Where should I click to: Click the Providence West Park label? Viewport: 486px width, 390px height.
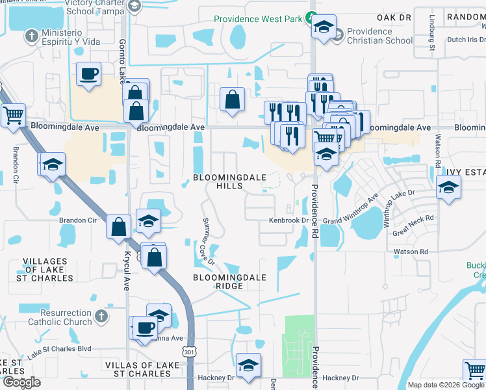[x=260, y=19]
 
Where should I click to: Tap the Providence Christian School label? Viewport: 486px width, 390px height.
[x=379, y=36]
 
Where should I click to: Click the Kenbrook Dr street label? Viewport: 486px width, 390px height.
[x=288, y=221]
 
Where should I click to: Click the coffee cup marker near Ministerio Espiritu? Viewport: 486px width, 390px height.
[x=88, y=73]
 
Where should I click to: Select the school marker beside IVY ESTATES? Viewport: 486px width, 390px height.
[x=447, y=187]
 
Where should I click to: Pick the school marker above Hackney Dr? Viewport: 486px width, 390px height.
[x=248, y=365]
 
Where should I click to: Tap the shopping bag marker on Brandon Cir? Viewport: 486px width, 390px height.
[x=118, y=227]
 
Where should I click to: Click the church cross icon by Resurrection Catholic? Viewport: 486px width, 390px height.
[x=100, y=317]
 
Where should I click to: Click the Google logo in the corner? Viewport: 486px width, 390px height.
[x=22, y=382]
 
